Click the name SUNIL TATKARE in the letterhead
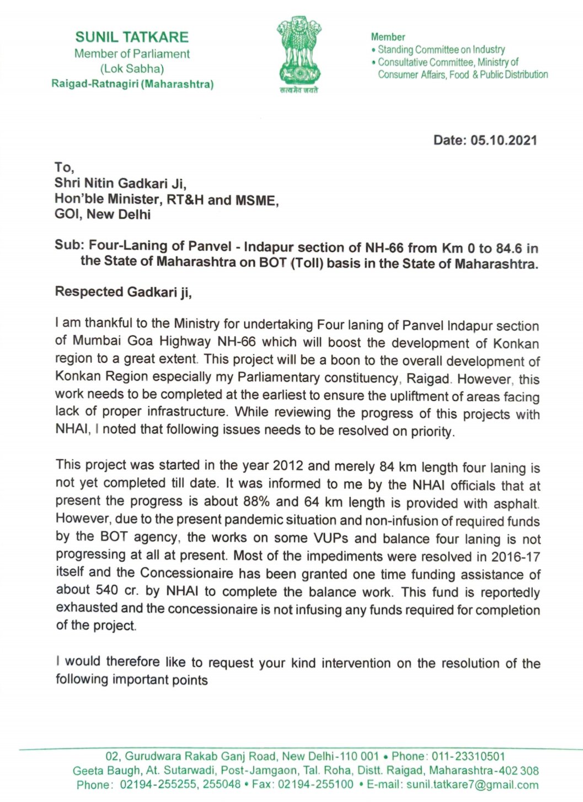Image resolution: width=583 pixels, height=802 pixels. [x=132, y=37]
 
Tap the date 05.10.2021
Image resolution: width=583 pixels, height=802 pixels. [x=504, y=140]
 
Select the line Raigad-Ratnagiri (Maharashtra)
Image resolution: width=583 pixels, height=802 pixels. [x=132, y=84]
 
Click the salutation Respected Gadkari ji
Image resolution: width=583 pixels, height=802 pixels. [x=124, y=292]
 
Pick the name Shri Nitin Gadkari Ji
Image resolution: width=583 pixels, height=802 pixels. [x=120, y=183]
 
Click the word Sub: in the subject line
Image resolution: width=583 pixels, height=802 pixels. [x=69, y=245]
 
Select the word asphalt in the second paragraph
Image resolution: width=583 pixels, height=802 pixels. [x=515, y=503]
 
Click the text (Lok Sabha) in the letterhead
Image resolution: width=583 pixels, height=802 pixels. [x=132, y=69]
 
